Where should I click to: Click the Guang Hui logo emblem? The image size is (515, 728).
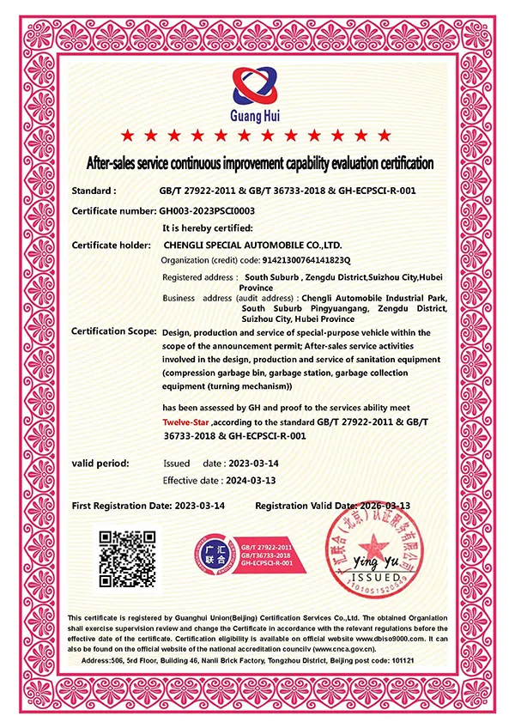[255, 85]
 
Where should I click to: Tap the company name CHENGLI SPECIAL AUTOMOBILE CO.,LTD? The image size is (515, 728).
[258, 245]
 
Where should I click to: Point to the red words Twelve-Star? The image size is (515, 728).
[186, 423]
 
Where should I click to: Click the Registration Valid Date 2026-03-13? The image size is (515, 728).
[374, 506]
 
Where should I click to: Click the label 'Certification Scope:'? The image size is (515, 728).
[113, 331]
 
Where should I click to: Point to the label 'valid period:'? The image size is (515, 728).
[100, 464]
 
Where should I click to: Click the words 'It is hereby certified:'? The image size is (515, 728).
[207, 227]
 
